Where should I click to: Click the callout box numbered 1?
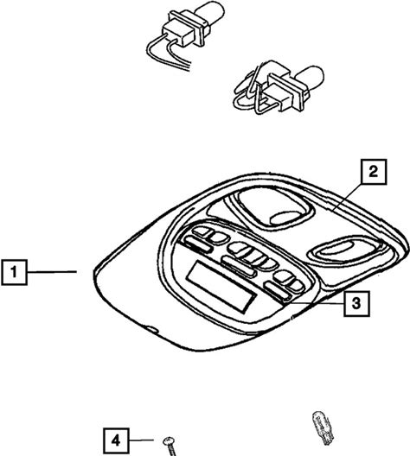coord(14,272)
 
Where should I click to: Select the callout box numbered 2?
coord(374,172)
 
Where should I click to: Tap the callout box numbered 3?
coord(356,303)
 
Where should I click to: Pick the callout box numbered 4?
coord(116,440)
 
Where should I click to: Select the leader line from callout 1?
coord(52,272)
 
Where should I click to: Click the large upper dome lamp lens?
coord(273,206)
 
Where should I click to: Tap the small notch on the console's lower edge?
coord(151,329)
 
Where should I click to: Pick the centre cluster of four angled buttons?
coord(253,256)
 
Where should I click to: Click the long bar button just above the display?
coord(238,265)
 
